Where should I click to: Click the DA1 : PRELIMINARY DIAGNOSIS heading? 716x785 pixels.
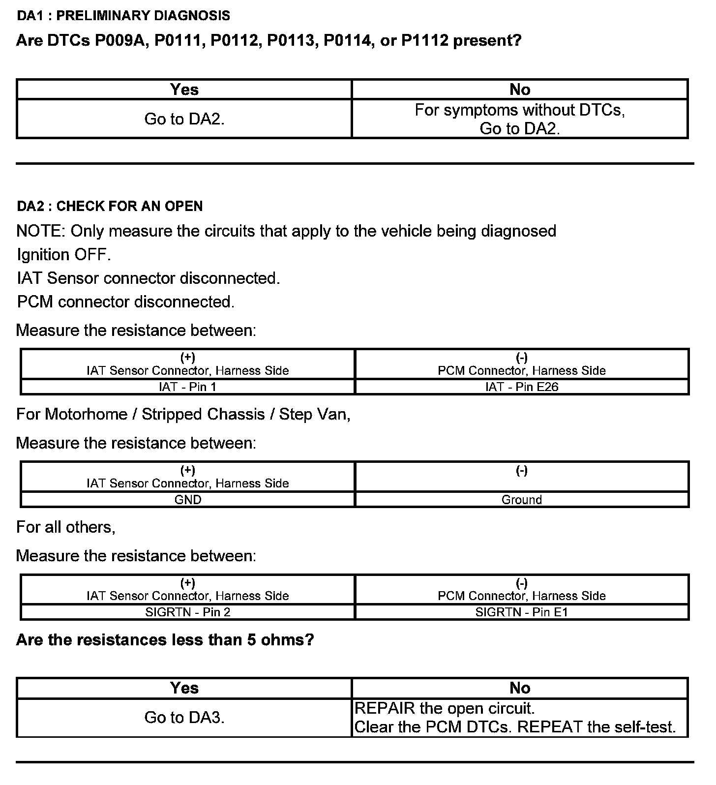coord(123,16)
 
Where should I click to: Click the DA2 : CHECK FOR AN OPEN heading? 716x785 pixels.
coord(110,206)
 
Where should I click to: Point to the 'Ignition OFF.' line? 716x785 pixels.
coord(64,255)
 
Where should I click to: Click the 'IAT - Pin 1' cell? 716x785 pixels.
coord(187,387)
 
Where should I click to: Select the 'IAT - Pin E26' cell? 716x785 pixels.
coord(522,387)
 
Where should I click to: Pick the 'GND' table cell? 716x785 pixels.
coord(187,500)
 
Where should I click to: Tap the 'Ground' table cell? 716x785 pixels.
coord(522,500)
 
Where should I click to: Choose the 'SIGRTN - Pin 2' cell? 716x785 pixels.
coord(187,612)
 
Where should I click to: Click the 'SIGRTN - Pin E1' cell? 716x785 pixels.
coord(522,612)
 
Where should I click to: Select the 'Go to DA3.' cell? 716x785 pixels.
coord(184,718)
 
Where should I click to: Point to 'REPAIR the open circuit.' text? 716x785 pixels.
coord(445,709)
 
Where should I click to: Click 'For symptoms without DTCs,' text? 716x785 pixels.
coord(520,110)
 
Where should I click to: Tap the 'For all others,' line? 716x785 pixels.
coord(66,527)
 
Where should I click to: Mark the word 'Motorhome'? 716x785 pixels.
coord(86,415)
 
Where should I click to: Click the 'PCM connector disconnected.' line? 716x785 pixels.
coord(126,302)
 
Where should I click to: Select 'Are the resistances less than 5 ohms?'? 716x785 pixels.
coord(165,640)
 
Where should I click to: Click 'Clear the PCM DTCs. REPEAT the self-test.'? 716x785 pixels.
coord(515,727)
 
